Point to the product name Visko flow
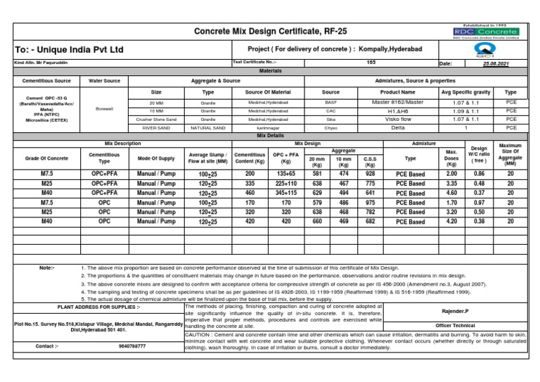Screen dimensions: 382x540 pyautogui.click(x=398, y=120)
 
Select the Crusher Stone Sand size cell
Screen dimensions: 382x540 pyautogui.click(x=157, y=120)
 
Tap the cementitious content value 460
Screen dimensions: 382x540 pyautogui.click(x=250, y=193)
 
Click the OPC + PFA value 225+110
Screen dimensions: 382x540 pyautogui.click(x=285, y=183)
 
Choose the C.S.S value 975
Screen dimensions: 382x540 pyautogui.click(x=370, y=203)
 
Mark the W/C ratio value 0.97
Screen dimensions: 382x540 pyautogui.click(x=478, y=203)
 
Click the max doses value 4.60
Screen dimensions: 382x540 pyautogui.click(x=452, y=193)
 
